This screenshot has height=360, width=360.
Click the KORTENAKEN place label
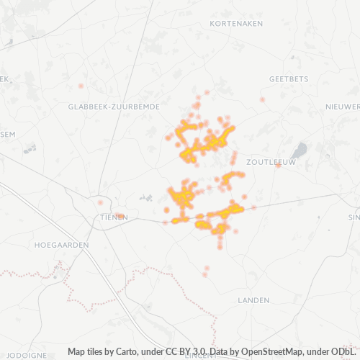pos(236,24)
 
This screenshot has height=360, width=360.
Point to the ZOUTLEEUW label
pos(271,163)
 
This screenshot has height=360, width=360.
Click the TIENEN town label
pos(114,217)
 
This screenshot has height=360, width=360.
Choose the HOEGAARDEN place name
pos(61,245)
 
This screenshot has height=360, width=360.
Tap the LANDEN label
pos(253,300)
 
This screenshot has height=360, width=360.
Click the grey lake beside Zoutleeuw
pos(300,150)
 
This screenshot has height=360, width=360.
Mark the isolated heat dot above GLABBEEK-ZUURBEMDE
pos(81,86)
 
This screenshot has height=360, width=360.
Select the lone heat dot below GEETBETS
pos(263,99)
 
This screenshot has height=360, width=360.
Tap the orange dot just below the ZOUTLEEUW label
pos(278,166)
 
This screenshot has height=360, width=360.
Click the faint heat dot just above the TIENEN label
pos(101,203)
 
